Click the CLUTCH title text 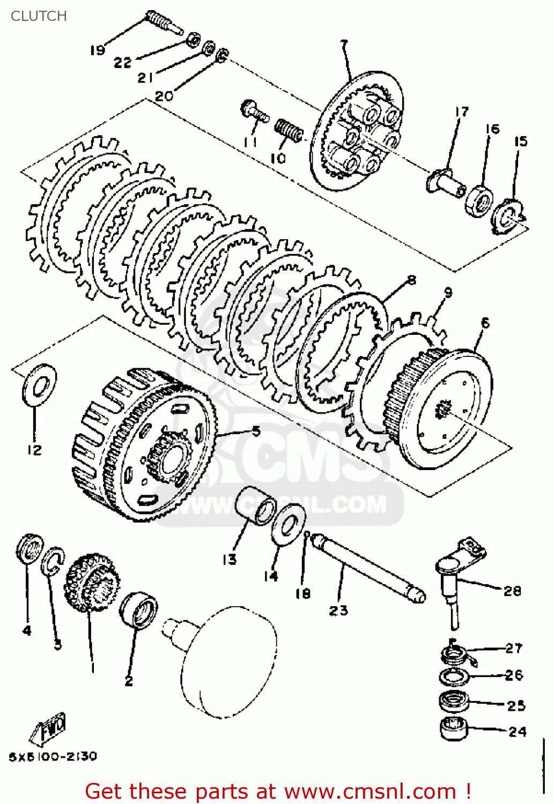[39, 16]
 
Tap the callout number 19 [97, 50]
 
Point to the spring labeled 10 [289, 130]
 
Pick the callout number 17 [462, 111]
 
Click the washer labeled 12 [39, 384]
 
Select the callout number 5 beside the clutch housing [256, 430]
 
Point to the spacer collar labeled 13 [255, 505]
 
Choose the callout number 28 [512, 590]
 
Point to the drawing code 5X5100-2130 [53, 756]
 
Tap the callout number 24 [517, 731]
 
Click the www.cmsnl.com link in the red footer [370, 791]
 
